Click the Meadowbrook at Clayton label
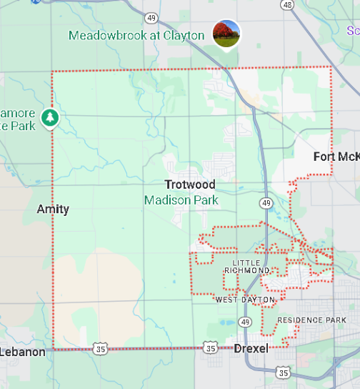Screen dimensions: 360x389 pos(136,36)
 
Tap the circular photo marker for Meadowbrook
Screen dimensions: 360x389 pos(226,33)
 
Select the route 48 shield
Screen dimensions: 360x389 pos(287,4)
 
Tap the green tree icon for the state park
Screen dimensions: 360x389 pos(49,117)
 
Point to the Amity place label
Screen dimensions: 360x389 pos(54,209)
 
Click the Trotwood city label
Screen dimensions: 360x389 pos(190,184)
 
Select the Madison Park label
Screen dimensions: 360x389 pos(181,200)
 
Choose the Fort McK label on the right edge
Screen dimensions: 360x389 pos(336,157)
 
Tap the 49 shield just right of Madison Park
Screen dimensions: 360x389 pos(266,203)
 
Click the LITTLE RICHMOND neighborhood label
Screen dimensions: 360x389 pos(246,267)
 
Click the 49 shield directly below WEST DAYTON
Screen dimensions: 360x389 pos(245,322)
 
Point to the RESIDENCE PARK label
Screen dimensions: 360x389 pos(311,320)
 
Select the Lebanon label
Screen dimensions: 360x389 pos(23,352)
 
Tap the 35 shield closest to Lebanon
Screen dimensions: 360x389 pos(99,348)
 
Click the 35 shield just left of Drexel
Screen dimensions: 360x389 pos(210,348)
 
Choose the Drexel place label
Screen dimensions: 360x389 pos(251,348)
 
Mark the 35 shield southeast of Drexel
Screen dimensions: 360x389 pos(284,373)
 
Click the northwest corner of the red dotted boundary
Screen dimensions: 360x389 pos(52,72)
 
